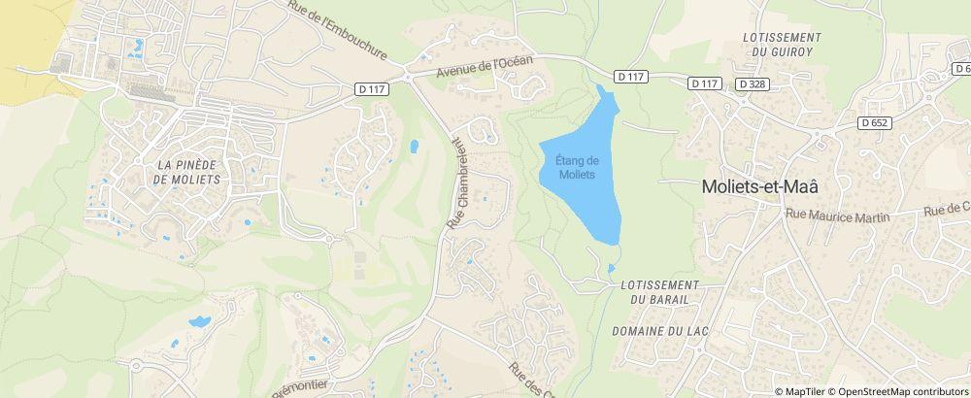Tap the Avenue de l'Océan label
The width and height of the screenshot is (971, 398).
click(485, 67)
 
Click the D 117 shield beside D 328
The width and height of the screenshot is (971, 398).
click(705, 83)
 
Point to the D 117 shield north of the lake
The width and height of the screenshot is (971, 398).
click(630, 75)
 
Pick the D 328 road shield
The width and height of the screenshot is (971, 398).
click(753, 83)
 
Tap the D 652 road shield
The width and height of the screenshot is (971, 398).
click(875, 122)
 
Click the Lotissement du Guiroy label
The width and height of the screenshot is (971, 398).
click(782, 44)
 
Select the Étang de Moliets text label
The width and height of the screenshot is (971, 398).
click(577, 167)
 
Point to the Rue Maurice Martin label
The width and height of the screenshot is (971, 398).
click(838, 216)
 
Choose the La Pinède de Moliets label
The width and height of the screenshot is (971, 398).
click(187, 172)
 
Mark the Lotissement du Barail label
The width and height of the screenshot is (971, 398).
click(659, 291)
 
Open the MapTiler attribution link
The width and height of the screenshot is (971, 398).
click(803, 391)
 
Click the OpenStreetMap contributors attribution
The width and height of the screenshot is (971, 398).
click(902, 391)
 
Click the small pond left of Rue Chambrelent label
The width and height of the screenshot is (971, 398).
click(415, 148)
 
